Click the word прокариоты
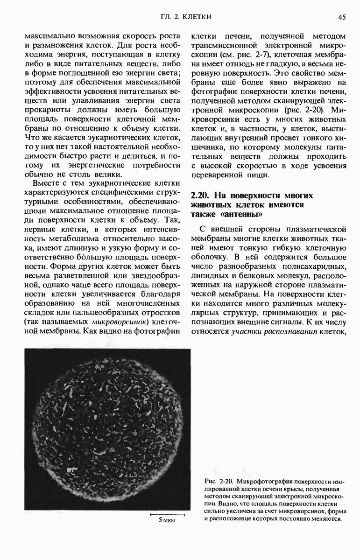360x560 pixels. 46,110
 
